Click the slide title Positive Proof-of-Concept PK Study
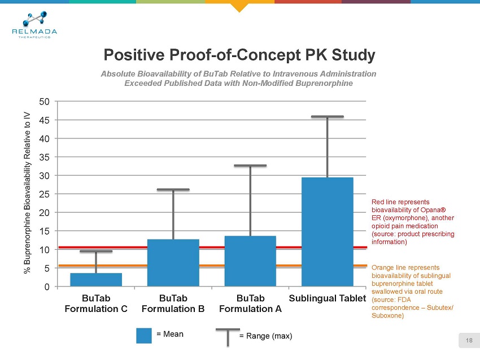pyautogui.click(x=239, y=55)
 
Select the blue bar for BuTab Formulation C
pyautogui.click(x=96, y=279)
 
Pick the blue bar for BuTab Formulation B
pyautogui.click(x=173, y=263)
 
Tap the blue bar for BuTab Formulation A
pyautogui.click(x=250, y=261)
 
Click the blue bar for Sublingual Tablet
pyautogui.click(x=328, y=232)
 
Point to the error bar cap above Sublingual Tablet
pyautogui.click(x=328, y=117)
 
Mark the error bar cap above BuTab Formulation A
pyautogui.click(x=250, y=166)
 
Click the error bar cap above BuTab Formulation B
pyautogui.click(x=173, y=189)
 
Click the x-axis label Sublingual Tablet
pyautogui.click(x=328, y=298)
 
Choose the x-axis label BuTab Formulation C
pyautogui.click(x=96, y=303)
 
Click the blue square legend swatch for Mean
pyautogui.click(x=145, y=335)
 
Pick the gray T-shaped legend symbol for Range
pyautogui.click(x=227, y=337)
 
